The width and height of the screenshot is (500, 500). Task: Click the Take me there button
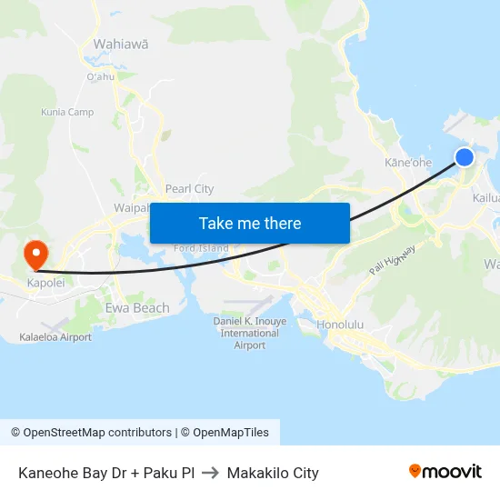250,223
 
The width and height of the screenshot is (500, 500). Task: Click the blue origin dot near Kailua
464,157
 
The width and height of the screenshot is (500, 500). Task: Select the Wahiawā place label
121,43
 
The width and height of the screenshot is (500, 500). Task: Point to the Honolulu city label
340,325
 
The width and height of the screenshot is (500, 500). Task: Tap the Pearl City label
189,189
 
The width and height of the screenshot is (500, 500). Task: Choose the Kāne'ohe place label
408,162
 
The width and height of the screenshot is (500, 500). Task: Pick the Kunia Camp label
67,113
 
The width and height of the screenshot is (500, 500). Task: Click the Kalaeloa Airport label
55,337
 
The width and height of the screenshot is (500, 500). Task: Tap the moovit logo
445,471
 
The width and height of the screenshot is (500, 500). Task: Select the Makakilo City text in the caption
273,473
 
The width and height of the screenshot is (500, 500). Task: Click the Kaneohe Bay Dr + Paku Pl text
106,473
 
